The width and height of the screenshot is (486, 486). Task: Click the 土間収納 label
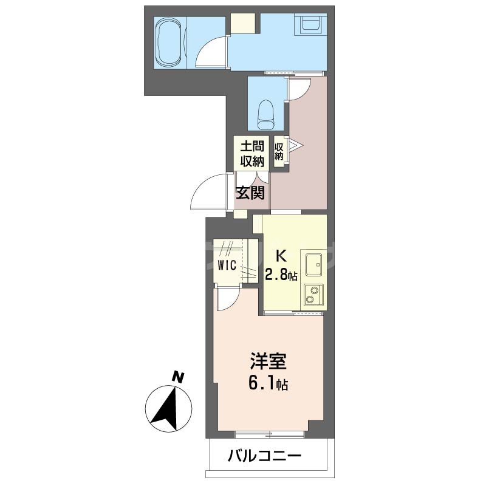pos(252,154)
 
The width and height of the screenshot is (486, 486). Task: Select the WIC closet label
pos(228,265)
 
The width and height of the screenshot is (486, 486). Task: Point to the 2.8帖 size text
pos(281,275)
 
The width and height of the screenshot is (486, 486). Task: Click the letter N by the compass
pos(177,376)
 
